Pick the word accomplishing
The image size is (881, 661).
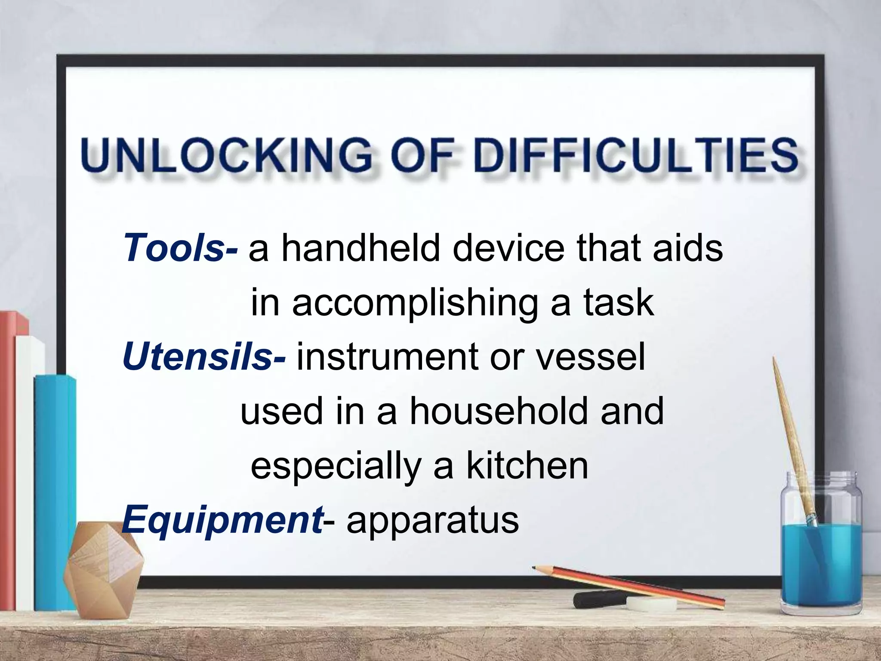(x=415, y=303)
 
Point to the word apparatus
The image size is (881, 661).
(x=433, y=521)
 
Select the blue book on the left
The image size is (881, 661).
(x=56, y=491)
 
